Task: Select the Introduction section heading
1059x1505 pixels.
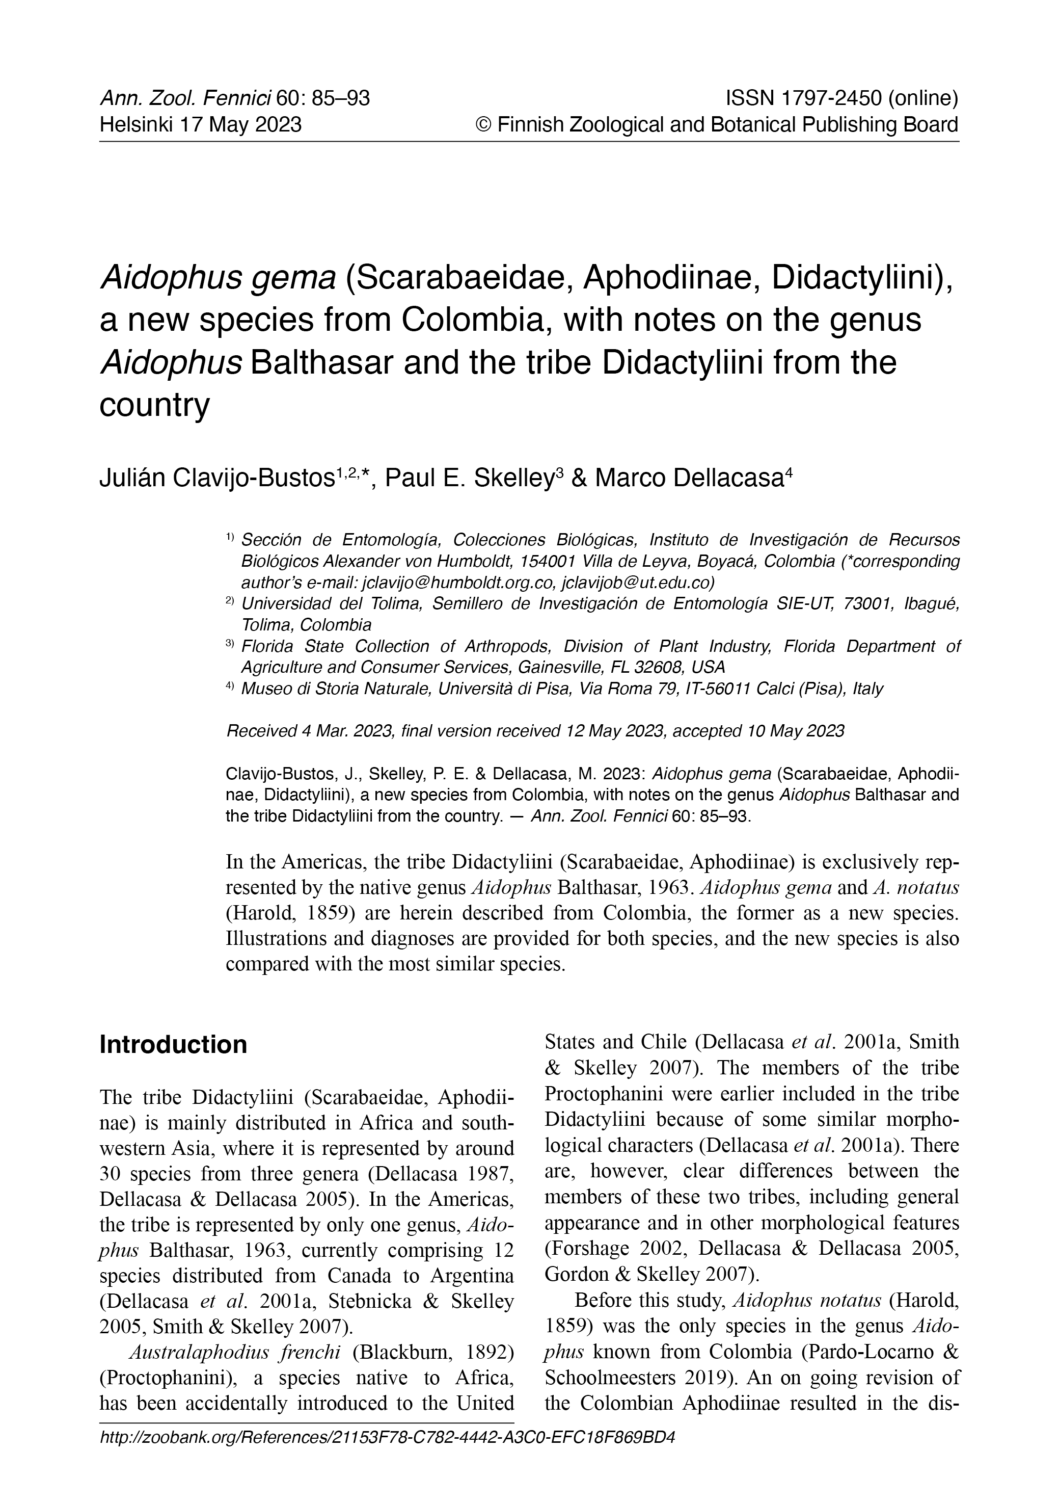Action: pyautogui.click(x=173, y=1045)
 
